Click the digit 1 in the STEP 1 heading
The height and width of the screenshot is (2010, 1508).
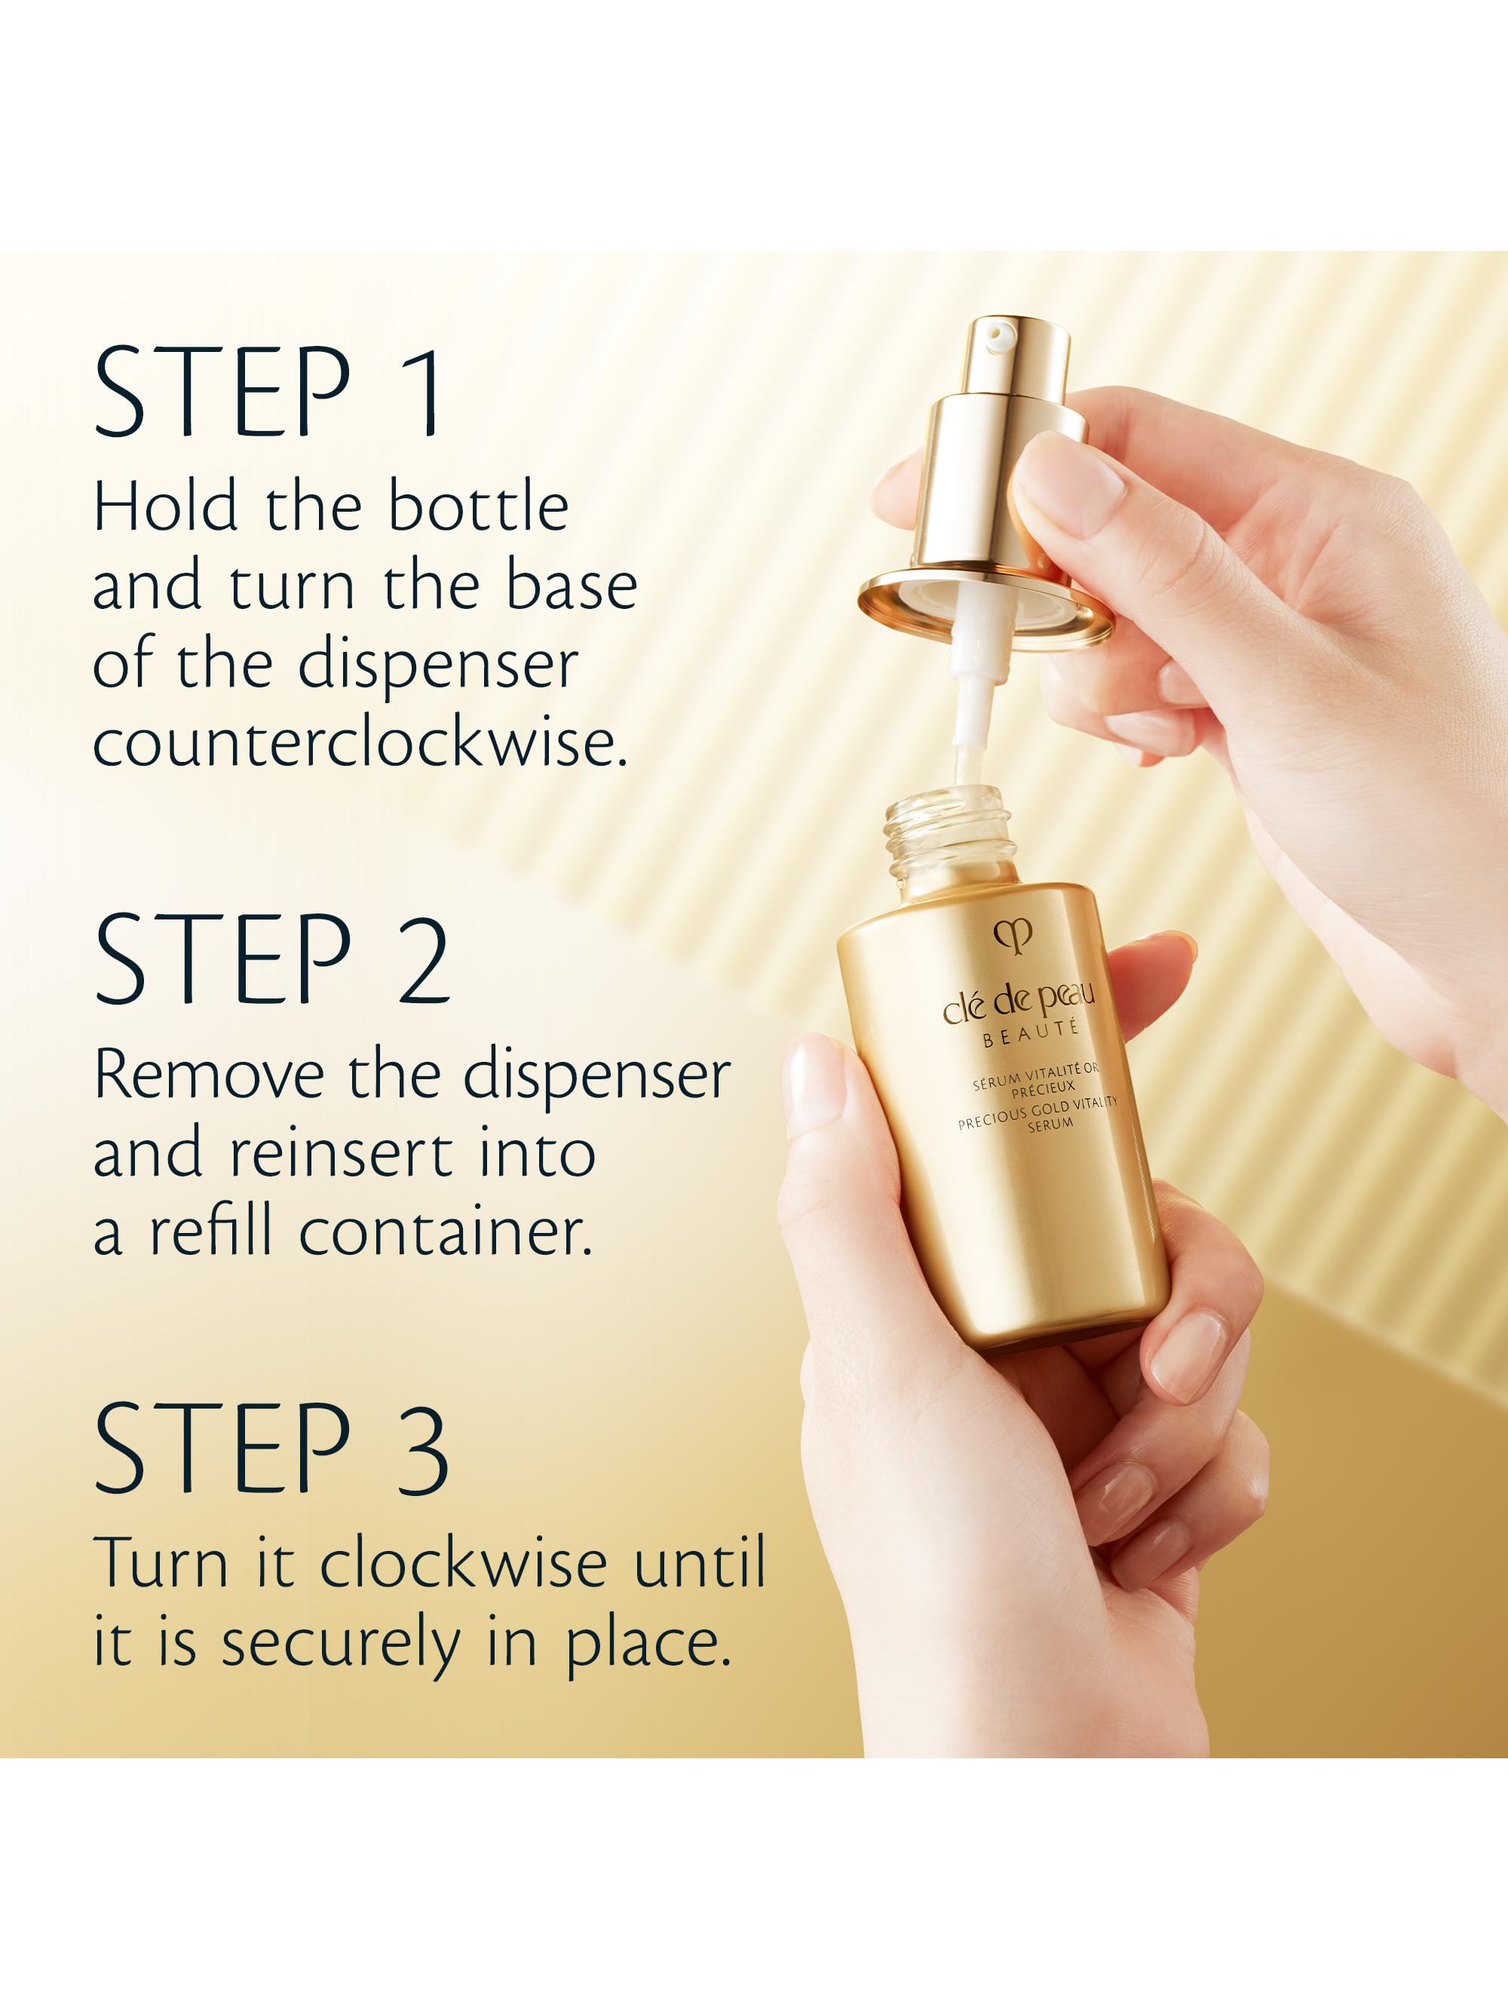tap(423, 393)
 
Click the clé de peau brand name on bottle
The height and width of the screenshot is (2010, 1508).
tap(1018, 1005)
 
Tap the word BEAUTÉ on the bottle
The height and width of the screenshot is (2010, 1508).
tap(1030, 1034)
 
